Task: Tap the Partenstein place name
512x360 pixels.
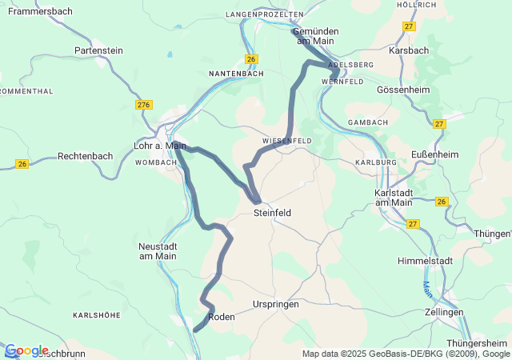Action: pyautogui.click(x=98, y=50)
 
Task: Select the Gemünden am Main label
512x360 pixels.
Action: pyautogui.click(x=315, y=35)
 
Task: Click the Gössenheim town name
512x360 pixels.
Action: pyautogui.click(x=403, y=90)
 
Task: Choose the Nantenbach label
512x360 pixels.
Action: pyautogui.click(x=236, y=74)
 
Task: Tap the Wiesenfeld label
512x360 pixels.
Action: pyautogui.click(x=286, y=141)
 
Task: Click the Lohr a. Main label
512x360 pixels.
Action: pyautogui.click(x=160, y=146)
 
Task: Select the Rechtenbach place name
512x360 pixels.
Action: pyautogui.click(x=86, y=156)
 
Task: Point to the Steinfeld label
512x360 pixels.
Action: pyautogui.click(x=272, y=214)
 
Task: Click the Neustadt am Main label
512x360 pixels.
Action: pyautogui.click(x=158, y=250)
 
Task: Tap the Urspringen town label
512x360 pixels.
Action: pyautogui.click(x=275, y=305)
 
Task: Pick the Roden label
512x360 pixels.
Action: pyautogui.click(x=222, y=317)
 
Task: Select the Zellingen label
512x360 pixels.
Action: pyautogui.click(x=445, y=312)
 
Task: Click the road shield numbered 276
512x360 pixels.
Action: pyautogui.click(x=144, y=106)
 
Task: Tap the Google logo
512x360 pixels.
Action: pyautogui.click(x=26, y=350)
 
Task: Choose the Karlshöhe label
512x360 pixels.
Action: pyautogui.click(x=96, y=315)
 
